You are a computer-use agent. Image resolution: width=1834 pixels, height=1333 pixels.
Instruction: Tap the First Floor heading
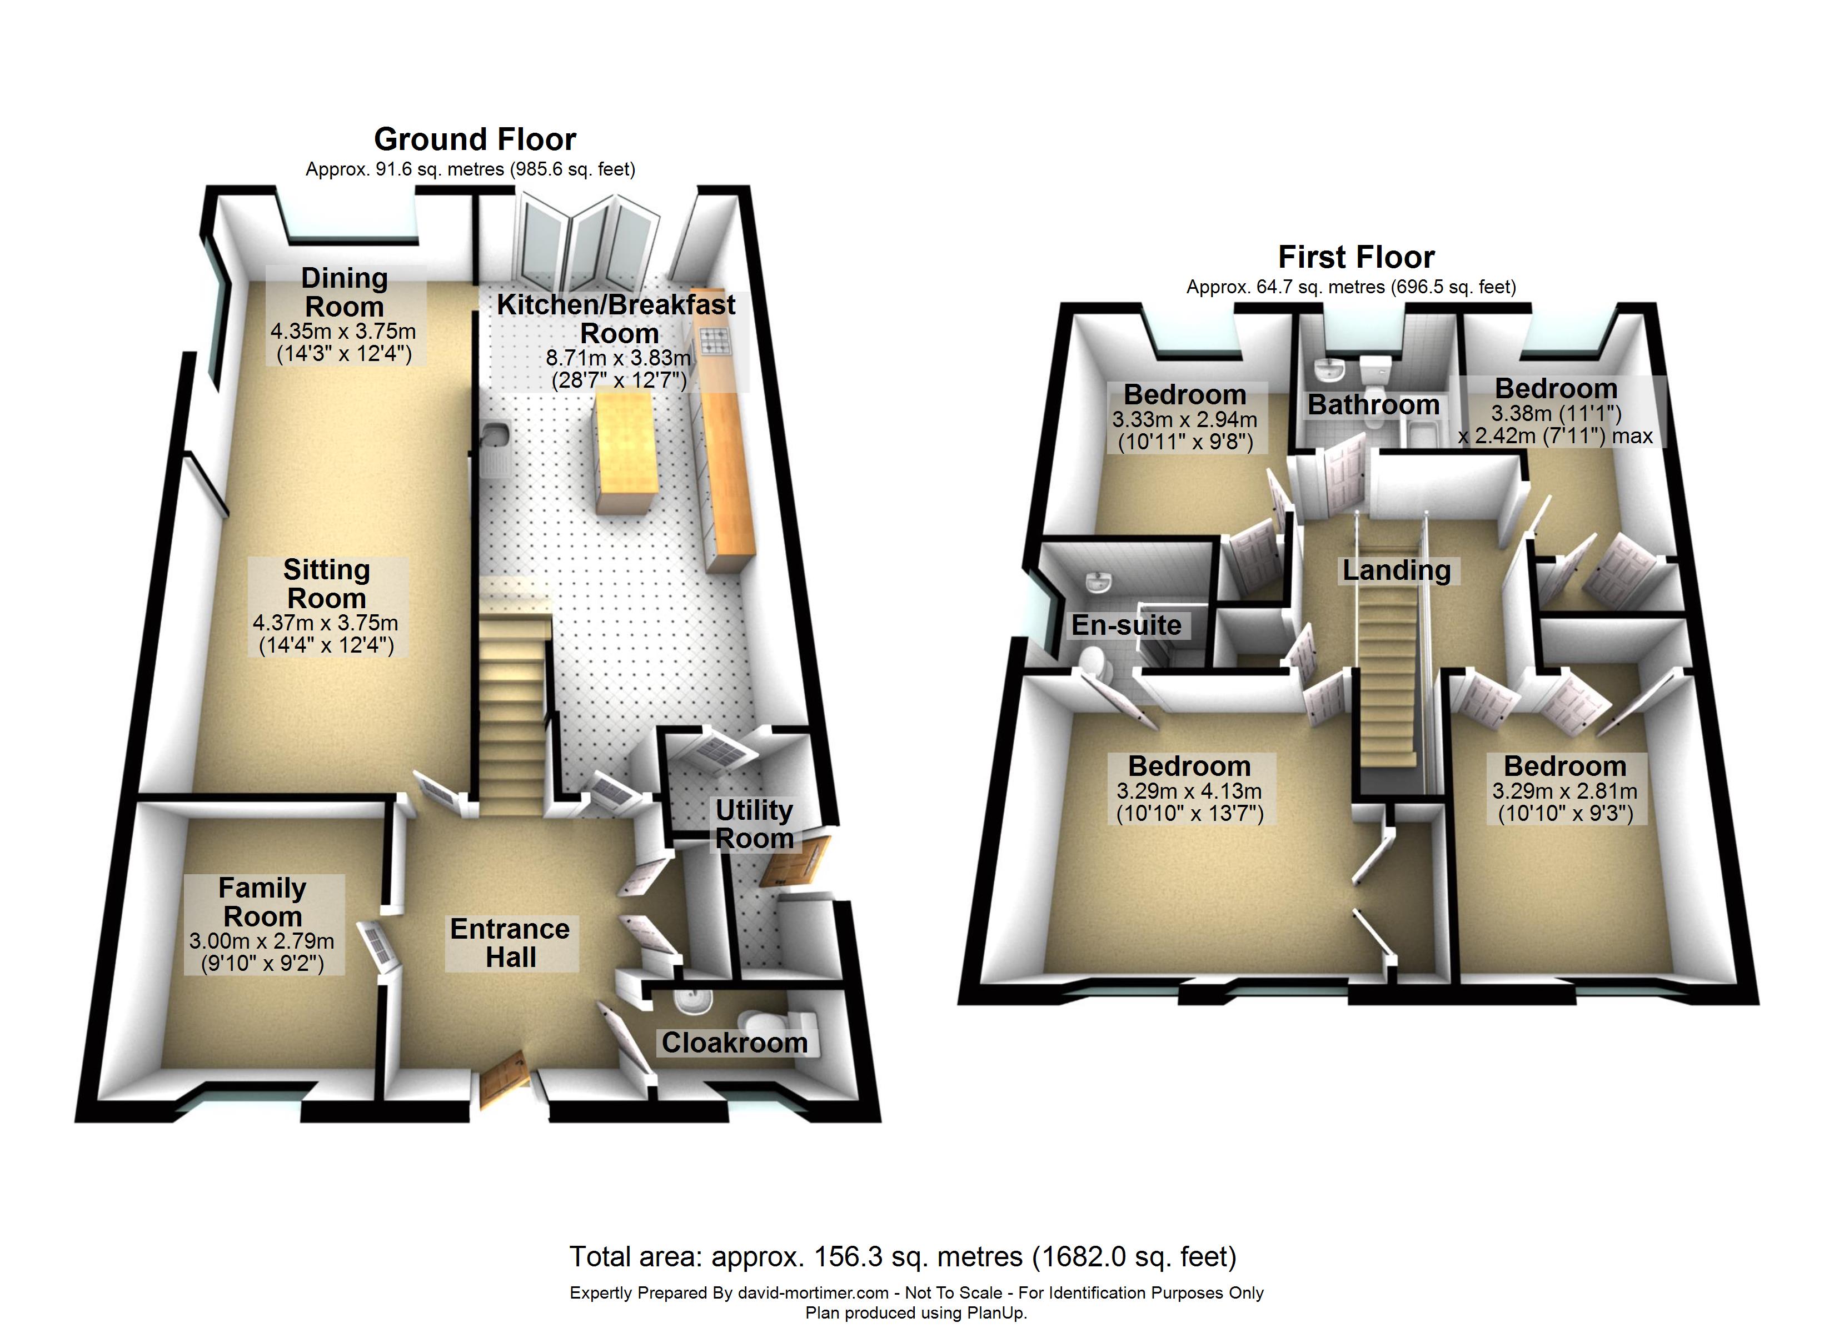point(1355,257)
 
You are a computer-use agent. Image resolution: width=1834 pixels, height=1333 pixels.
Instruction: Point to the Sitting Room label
point(327,584)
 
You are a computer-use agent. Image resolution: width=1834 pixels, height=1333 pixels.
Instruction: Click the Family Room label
point(263,902)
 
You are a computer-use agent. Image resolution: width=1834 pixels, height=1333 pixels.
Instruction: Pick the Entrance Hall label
point(510,943)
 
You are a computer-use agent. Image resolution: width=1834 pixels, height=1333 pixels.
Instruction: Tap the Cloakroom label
point(734,1043)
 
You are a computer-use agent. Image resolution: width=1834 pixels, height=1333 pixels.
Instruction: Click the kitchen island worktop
point(624,449)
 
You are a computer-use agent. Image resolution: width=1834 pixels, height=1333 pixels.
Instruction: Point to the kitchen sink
point(492,437)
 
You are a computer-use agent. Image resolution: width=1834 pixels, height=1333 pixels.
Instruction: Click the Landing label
point(1397,571)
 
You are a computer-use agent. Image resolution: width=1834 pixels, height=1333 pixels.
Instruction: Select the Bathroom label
point(1373,404)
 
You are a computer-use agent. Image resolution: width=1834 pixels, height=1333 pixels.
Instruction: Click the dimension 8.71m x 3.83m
point(619,357)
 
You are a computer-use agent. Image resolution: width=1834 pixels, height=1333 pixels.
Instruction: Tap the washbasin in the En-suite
point(1097,581)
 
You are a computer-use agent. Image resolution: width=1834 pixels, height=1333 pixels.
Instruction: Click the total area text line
point(903,1257)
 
